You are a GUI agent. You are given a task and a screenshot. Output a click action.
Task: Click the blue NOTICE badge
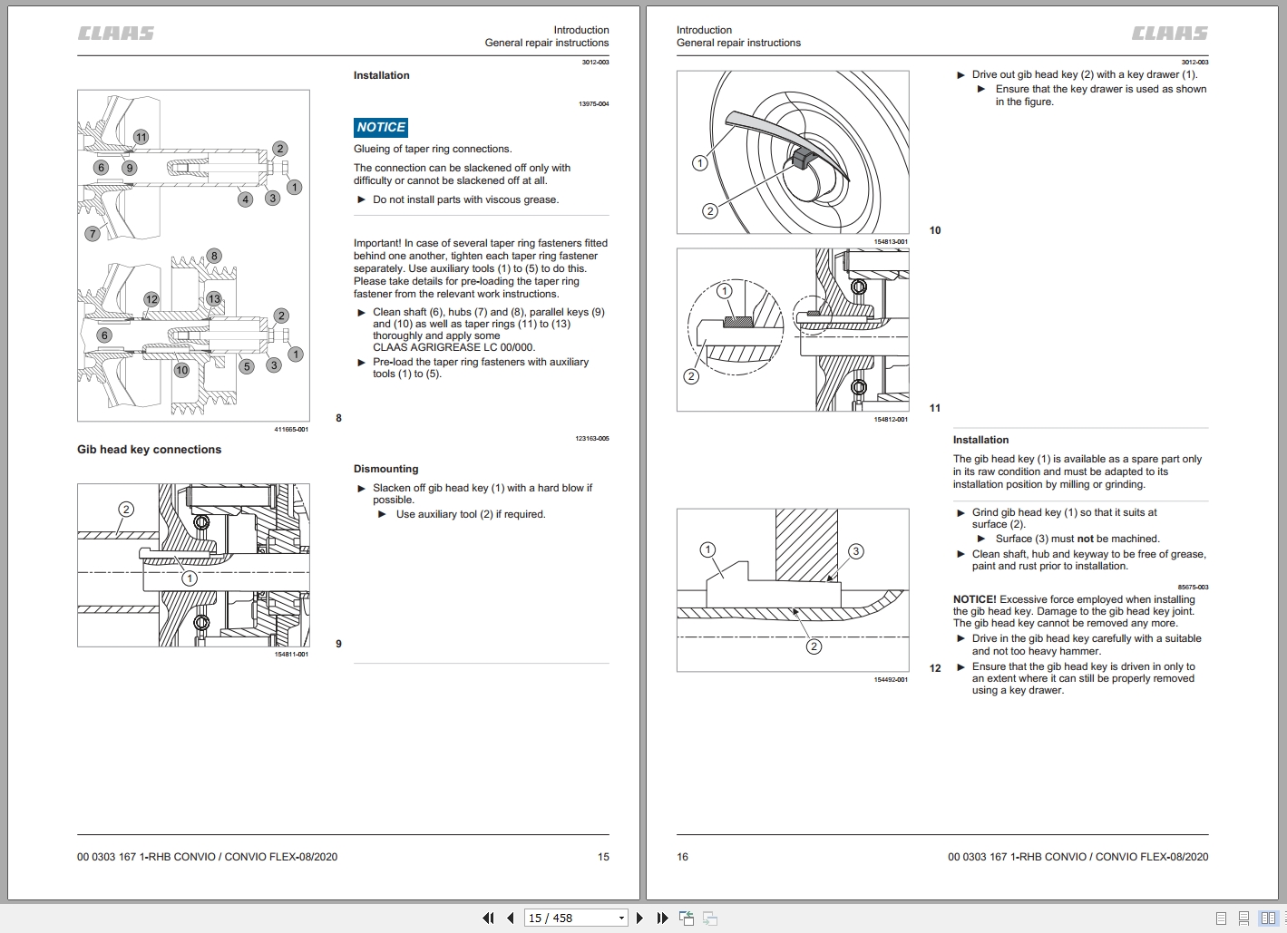381,128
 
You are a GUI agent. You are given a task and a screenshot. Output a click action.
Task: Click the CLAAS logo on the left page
115,34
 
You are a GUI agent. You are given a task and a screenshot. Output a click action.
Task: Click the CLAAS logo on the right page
1169,34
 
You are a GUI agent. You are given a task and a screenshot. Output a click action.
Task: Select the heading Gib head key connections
149,450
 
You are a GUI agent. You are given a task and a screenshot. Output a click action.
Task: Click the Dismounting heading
385,469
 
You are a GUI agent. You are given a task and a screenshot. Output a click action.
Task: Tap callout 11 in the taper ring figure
141,137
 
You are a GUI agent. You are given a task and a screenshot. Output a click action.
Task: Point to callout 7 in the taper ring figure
92,234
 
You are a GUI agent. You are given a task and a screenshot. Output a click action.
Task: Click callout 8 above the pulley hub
214,256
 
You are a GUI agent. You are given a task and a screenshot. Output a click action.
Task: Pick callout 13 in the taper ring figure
214,298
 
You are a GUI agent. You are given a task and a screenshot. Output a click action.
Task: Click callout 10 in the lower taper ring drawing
181,370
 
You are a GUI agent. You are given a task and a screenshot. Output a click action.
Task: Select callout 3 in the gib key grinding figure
855,551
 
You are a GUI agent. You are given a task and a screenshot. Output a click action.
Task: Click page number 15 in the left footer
603,857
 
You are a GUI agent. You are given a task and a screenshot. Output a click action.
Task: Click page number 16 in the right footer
683,857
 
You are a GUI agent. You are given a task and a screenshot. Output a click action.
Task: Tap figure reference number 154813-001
890,242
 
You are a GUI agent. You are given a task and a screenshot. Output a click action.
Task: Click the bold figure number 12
935,668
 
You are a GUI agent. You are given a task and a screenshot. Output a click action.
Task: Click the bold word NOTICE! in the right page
974,599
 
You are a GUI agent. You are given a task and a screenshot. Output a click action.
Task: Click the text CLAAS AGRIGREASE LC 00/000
453,347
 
